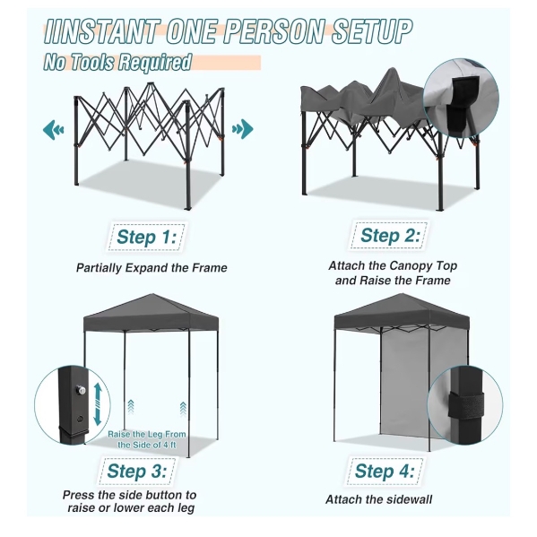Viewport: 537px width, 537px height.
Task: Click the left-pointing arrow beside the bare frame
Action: click(54, 129)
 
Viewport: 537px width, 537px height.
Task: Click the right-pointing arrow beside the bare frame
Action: click(242, 129)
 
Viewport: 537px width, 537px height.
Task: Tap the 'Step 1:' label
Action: click(146, 237)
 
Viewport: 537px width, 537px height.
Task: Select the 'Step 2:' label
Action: click(390, 236)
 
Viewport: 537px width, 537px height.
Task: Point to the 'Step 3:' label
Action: click(137, 472)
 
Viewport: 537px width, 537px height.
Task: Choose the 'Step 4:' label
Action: click(385, 472)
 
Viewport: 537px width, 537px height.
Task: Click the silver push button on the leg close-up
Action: click(81, 390)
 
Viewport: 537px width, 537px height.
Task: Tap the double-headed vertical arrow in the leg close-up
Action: click(98, 403)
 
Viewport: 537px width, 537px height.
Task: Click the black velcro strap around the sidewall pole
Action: click(466, 405)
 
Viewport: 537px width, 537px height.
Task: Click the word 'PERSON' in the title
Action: click(274, 31)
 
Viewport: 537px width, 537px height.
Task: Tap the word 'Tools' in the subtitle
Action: click(91, 63)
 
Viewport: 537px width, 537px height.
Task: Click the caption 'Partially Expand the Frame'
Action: click(152, 268)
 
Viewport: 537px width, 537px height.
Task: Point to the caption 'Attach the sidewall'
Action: click(378, 499)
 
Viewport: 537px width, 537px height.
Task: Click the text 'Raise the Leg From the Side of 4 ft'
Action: click(147, 440)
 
